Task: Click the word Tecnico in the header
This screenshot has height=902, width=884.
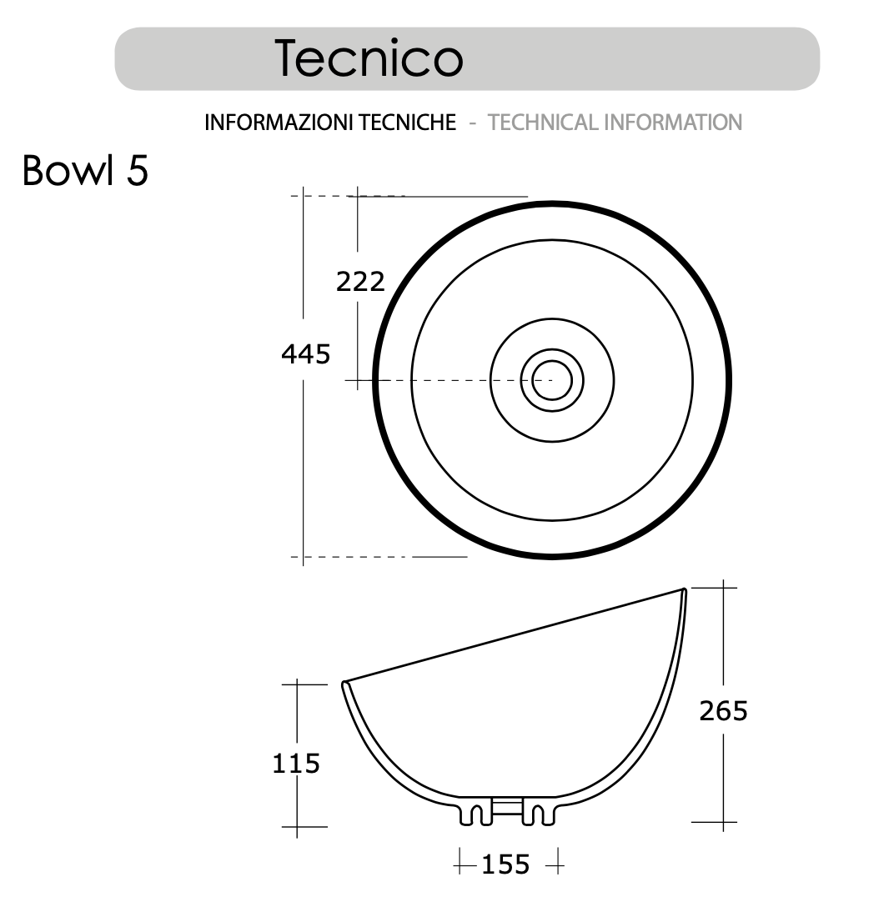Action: (369, 58)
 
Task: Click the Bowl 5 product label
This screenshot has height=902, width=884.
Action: (85, 171)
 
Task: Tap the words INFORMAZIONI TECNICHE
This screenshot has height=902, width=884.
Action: (330, 123)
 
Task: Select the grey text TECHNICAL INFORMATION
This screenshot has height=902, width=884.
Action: (615, 123)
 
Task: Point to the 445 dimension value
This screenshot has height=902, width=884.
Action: (305, 354)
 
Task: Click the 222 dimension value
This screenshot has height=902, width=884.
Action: (360, 282)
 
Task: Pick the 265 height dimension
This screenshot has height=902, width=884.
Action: (723, 711)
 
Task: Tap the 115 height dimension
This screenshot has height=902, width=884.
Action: (296, 763)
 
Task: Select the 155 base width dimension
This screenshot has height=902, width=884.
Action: (505, 864)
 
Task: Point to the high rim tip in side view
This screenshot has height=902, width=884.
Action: (684, 590)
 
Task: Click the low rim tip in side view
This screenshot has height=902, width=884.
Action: (344, 684)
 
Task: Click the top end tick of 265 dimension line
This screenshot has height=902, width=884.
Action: (723, 588)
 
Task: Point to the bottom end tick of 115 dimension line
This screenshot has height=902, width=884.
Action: (297, 828)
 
